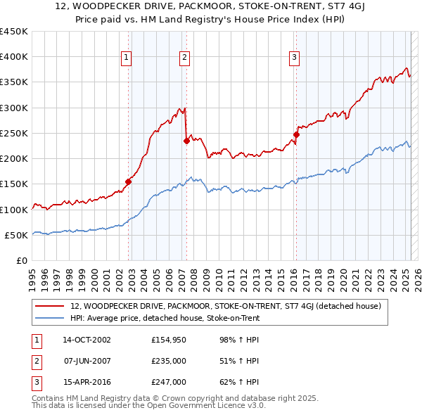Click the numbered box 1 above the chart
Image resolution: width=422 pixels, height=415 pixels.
point(126,58)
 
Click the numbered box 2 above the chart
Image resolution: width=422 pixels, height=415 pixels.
point(184,58)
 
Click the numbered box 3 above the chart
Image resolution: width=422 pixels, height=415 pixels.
point(294,58)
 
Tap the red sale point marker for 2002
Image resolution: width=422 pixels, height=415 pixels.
point(129,181)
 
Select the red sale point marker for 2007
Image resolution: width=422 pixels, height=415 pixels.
point(186,141)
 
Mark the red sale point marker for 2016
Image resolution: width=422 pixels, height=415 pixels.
point(296,134)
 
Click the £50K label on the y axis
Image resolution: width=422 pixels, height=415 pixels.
point(16,235)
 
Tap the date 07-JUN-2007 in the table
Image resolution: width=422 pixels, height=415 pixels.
point(87,361)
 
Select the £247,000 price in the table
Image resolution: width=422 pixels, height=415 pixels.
point(169,382)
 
